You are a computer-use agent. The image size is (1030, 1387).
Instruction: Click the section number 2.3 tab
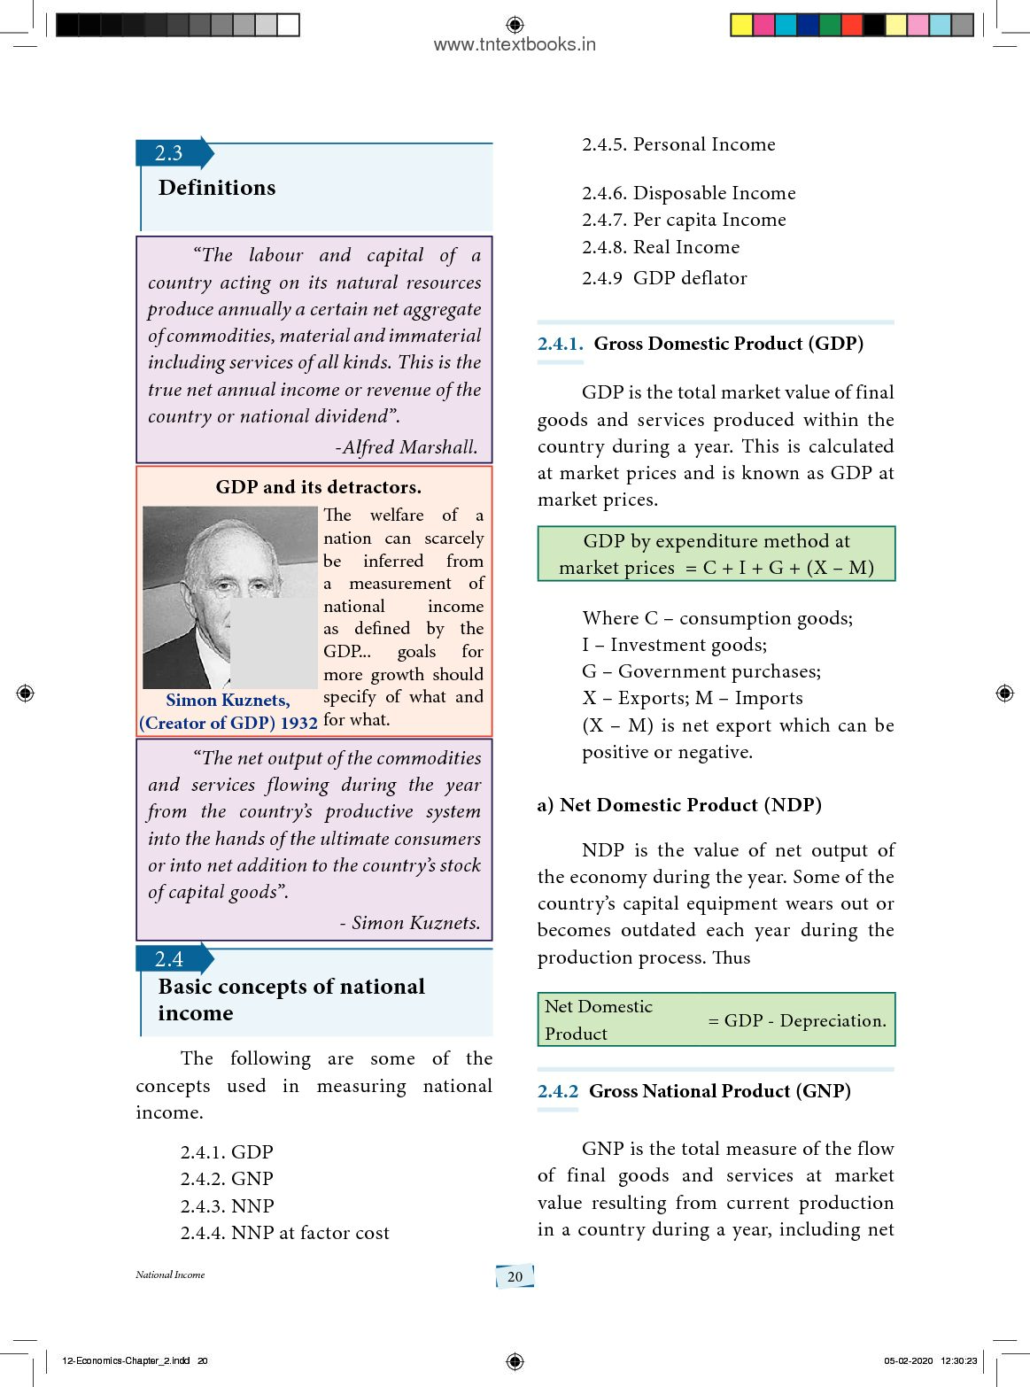pos(169,153)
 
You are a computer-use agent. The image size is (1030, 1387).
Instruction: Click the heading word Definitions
pos(217,188)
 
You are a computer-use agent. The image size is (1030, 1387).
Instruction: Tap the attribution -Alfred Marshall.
pos(407,447)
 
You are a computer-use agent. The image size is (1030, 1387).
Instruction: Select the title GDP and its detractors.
pos(319,487)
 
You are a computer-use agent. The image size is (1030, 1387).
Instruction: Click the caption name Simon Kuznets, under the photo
pos(228,701)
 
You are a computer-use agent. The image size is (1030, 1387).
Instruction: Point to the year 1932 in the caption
pos(298,724)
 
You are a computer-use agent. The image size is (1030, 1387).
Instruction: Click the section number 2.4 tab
pos(169,959)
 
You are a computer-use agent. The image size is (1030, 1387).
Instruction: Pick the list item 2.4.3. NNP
pos(227,1206)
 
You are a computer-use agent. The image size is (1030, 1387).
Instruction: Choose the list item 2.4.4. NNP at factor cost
pos(284,1233)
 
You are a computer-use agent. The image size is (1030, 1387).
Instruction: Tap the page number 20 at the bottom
pos(515,1276)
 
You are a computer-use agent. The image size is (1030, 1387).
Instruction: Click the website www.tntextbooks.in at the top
pos(515,44)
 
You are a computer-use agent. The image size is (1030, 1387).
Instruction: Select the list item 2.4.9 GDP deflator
pos(664,278)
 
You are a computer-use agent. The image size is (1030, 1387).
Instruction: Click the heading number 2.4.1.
pos(560,344)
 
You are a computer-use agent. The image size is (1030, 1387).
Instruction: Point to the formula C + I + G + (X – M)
pos(788,569)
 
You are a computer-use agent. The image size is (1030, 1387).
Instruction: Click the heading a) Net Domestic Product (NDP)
pos(679,805)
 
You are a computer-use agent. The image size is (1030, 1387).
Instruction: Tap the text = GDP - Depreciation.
pos(797,1020)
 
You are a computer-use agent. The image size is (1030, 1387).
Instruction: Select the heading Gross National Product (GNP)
pos(720,1091)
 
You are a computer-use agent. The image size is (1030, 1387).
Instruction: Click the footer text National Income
pos(170,1275)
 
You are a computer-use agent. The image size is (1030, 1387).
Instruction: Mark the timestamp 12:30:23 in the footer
pos(958,1360)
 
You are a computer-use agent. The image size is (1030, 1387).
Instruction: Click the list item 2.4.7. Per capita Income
pos(684,220)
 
